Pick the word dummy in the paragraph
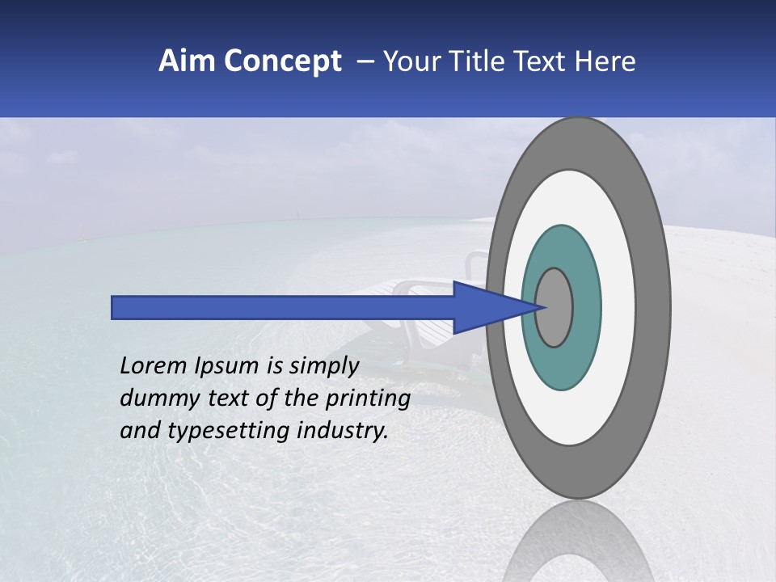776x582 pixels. (154, 399)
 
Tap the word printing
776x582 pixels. (367, 399)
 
